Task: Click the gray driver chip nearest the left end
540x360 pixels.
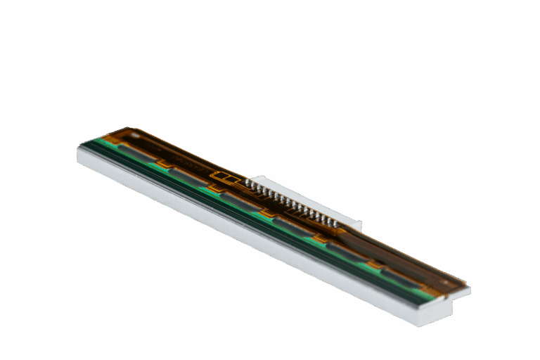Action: [136, 155]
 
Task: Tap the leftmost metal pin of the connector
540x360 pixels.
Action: [247, 184]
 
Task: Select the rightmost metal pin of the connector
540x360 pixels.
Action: [335, 223]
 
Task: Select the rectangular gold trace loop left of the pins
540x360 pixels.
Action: [223, 175]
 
